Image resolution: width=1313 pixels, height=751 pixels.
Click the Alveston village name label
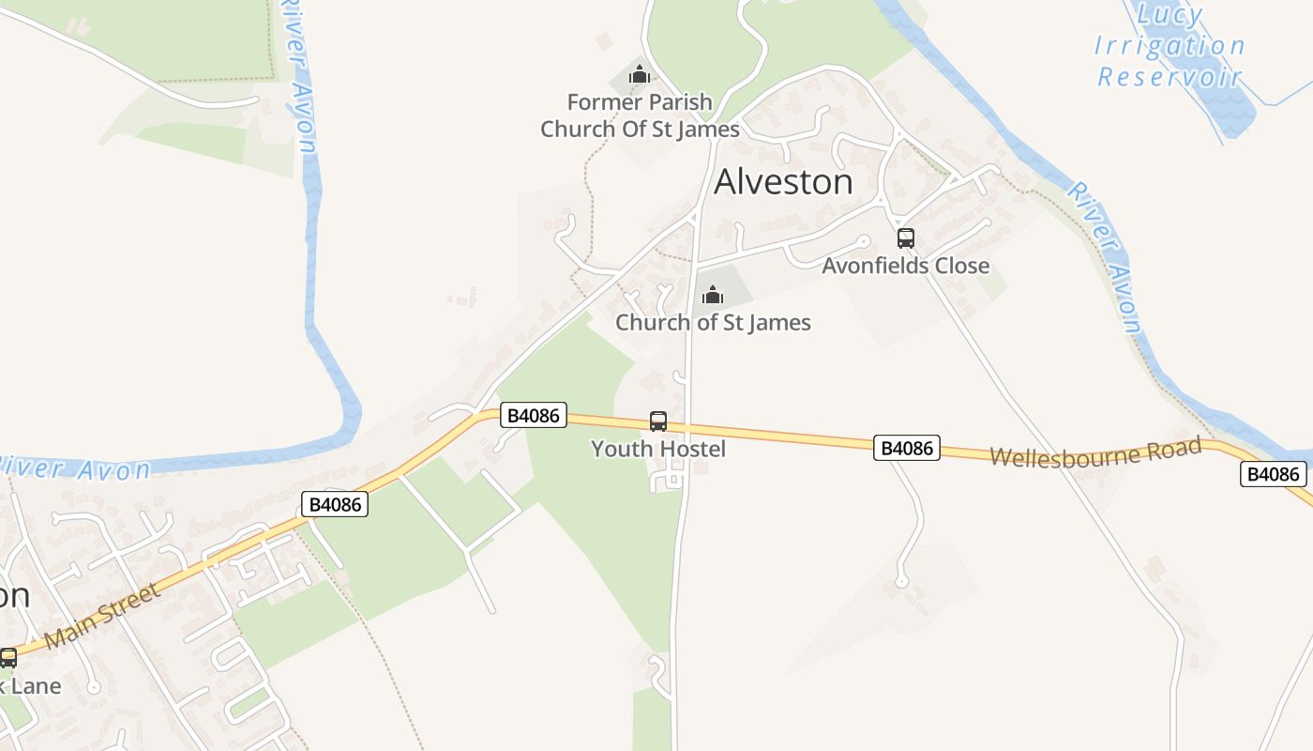point(783,182)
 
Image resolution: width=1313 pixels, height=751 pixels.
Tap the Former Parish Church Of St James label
point(640,115)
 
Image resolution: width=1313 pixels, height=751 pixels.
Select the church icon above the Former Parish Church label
point(640,74)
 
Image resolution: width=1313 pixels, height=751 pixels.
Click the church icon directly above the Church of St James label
point(713,296)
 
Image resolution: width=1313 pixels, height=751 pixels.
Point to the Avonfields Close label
point(905,266)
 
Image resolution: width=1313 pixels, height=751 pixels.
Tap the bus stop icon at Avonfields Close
point(905,238)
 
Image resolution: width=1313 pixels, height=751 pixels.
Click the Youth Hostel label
point(658,449)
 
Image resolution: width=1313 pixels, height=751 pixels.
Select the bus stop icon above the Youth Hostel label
point(658,421)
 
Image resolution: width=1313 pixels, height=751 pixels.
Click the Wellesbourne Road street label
point(1095,452)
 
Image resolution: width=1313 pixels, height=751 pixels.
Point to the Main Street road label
point(102,616)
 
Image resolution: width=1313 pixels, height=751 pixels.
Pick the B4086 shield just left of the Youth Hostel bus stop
point(534,415)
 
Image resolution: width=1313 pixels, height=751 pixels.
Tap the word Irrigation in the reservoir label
point(1170,46)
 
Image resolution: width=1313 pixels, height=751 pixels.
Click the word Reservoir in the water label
point(1170,77)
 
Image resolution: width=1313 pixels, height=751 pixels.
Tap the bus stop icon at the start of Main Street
point(8,658)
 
